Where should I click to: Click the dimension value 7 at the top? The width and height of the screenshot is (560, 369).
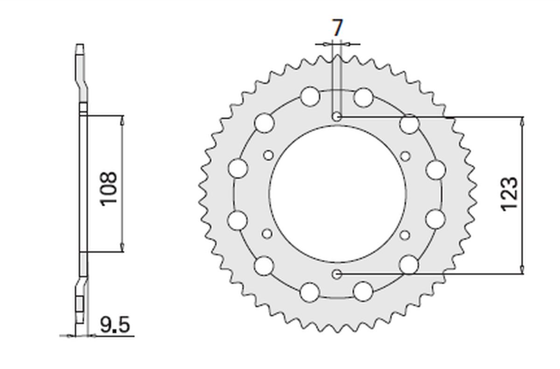(x=337, y=27)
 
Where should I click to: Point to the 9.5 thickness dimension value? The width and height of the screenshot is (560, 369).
(x=115, y=325)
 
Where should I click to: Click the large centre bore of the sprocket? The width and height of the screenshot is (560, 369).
(x=337, y=194)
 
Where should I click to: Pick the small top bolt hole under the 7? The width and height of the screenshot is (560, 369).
(x=337, y=116)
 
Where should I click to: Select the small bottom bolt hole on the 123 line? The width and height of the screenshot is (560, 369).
(x=337, y=274)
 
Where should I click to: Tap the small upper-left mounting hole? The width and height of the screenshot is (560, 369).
(x=268, y=155)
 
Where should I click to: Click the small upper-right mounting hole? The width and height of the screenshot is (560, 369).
(x=406, y=157)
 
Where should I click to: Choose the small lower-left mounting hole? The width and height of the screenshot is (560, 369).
(x=267, y=234)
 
